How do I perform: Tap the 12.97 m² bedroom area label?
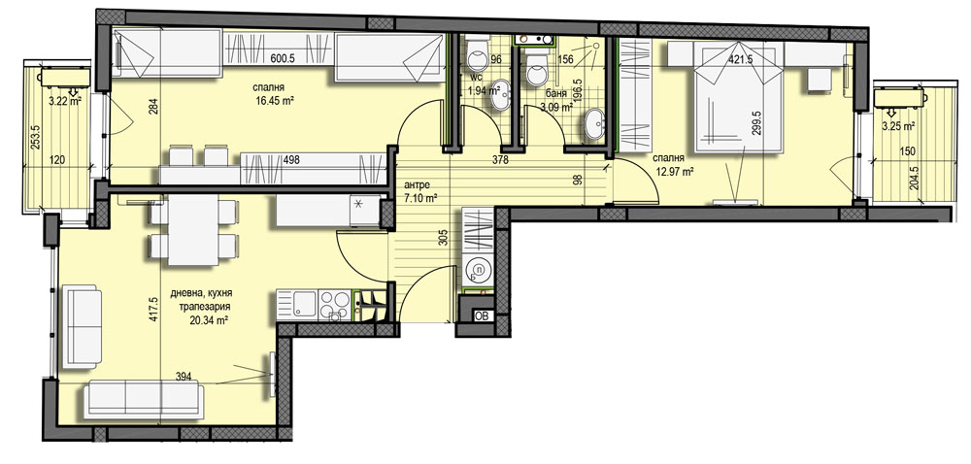click(674, 172)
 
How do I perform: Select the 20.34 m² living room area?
click(209, 320)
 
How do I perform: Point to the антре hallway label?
click(416, 185)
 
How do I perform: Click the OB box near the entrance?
click(482, 315)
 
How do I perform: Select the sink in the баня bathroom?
click(596, 124)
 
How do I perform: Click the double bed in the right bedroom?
click(738, 99)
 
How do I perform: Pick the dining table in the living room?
click(193, 230)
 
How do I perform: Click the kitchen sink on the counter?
click(305, 305)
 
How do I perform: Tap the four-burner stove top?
click(335, 306)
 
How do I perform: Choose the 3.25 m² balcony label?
click(898, 126)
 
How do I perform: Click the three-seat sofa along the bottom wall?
click(143, 398)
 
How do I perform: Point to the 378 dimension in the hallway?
click(500, 160)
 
